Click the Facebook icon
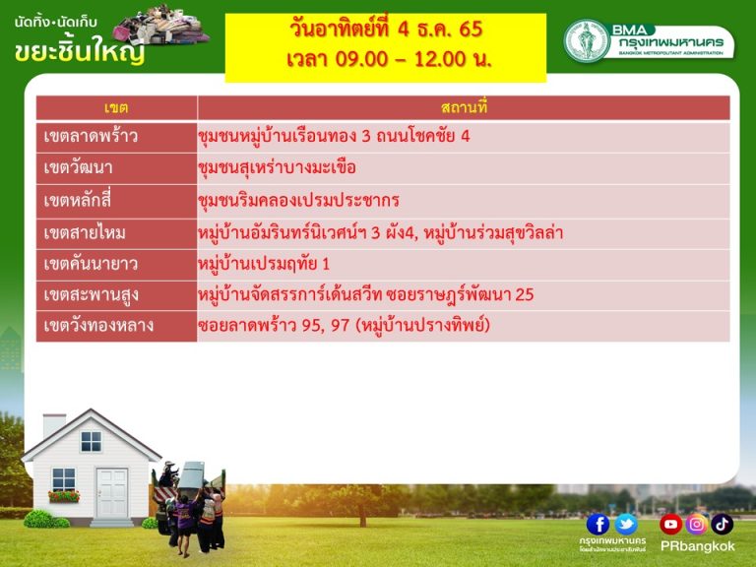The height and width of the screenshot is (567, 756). coord(598,524)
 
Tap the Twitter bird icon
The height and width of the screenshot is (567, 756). coord(626,524)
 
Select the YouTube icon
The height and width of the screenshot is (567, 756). coord(670,524)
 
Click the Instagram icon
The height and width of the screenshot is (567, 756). coord(696,524)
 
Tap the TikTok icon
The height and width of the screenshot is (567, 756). coord(722,524)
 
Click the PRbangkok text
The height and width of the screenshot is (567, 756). coord(697,546)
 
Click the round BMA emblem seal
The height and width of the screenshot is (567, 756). coord(587,41)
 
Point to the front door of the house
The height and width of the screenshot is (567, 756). coord(112,493)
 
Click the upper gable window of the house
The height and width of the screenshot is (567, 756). coord(91,442)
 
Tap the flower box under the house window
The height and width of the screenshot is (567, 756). coord(64,496)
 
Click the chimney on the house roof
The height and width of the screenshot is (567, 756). coord(54,425)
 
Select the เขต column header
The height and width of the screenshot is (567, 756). coord(116,108)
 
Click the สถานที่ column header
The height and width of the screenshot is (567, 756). coord(464,107)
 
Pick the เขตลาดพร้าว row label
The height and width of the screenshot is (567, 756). coord(91,136)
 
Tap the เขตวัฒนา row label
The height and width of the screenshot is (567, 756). coord(78,167)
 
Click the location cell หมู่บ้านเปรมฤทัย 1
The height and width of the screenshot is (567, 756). coord(264,264)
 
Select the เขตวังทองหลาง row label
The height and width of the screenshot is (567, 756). coord(98,326)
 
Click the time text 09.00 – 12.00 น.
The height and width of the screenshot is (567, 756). coord(389,59)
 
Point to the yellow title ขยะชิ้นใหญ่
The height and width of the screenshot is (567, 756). coord(80,50)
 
